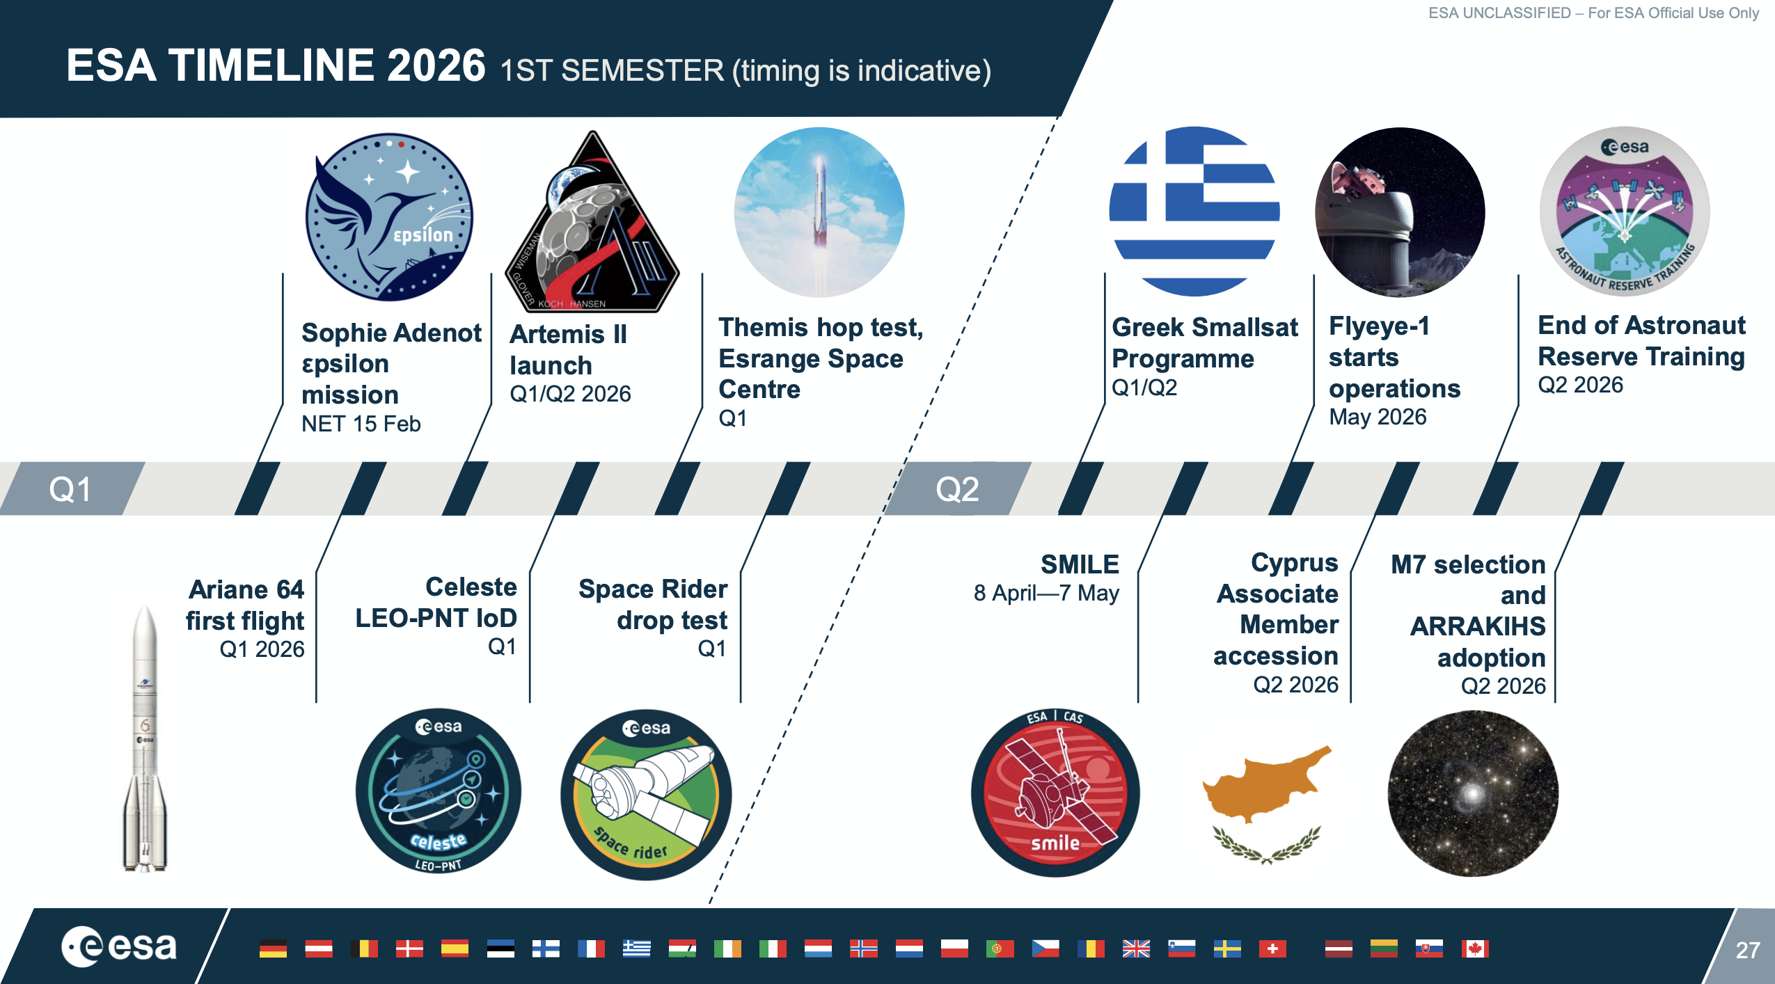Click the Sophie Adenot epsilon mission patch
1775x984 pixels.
[x=390, y=217]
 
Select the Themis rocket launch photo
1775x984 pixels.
[x=819, y=212]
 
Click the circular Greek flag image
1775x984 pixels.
[x=1194, y=212]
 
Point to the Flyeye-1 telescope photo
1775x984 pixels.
[x=1400, y=212]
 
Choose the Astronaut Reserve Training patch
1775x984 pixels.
[x=1625, y=212]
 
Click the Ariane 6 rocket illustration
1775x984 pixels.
[x=145, y=738]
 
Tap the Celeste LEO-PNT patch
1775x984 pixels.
[x=439, y=792]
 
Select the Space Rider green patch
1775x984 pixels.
[x=646, y=795]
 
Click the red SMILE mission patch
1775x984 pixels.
[x=1055, y=792]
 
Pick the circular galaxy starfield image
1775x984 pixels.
[x=1473, y=793]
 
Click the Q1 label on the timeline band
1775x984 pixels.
[x=70, y=489]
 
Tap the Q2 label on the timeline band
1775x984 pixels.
[x=958, y=489]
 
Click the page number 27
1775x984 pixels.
[x=1747, y=950]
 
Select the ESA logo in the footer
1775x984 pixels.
[x=119, y=946]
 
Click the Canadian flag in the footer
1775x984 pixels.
[x=1475, y=949]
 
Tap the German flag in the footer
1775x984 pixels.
[x=273, y=949]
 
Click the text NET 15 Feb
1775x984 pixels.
[x=361, y=424]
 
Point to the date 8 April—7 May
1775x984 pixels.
[x=1046, y=593]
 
